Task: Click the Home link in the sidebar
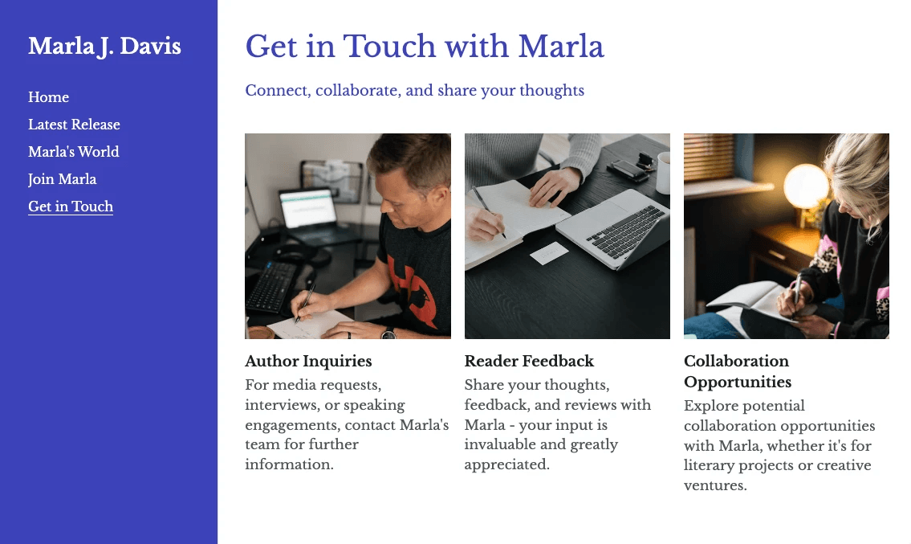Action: coord(48,97)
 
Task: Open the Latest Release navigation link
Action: coord(74,125)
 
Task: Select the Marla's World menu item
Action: coord(73,152)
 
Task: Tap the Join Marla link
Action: coord(62,179)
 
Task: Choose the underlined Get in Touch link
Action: coord(71,207)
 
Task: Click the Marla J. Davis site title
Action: coord(104,46)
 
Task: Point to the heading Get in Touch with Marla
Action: coord(425,46)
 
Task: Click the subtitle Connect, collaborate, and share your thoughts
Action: coord(414,90)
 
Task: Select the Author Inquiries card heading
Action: coord(308,361)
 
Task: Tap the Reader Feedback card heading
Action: coord(529,361)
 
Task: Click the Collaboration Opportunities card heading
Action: coord(737,371)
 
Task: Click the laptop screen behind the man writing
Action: coord(307,207)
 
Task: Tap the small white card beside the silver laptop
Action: coord(549,253)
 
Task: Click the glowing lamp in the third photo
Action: coord(805,186)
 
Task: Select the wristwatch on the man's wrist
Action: coord(388,333)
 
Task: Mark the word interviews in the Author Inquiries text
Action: coord(283,405)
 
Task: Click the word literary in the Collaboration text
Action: coord(710,465)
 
